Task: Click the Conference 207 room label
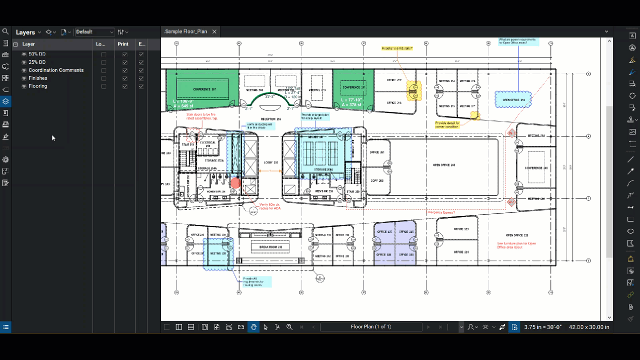point(204,89)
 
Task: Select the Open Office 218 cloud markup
point(513,99)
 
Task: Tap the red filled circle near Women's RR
point(235,183)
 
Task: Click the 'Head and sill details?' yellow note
point(397,48)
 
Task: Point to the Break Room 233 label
point(270,247)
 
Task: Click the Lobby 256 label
point(270,162)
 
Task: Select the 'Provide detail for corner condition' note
point(447,124)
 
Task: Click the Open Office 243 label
point(444,164)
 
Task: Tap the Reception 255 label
point(271,119)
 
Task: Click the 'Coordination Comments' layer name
point(56,70)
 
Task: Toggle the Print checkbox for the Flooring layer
point(124,86)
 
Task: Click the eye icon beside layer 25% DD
point(24,62)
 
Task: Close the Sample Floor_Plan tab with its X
point(214,31)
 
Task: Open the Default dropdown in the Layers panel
point(95,32)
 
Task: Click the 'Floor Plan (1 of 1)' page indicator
point(370,327)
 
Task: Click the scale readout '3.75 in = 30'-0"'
point(542,327)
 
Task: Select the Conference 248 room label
point(536,168)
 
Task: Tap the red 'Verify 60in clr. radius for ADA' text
point(269,206)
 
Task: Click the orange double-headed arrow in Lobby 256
point(270,171)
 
